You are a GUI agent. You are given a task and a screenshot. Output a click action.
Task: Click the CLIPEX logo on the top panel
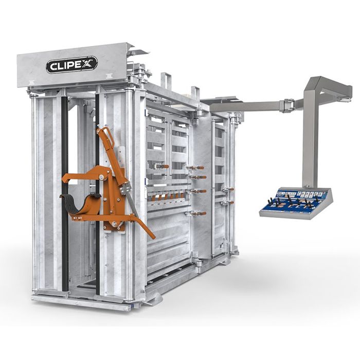pos(71,65)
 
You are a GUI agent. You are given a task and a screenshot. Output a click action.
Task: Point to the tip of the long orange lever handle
pos(153,237)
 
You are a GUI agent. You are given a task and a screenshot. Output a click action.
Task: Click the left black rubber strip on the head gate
pos(65,195)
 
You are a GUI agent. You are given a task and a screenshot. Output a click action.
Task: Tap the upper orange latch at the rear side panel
pos(228,189)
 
